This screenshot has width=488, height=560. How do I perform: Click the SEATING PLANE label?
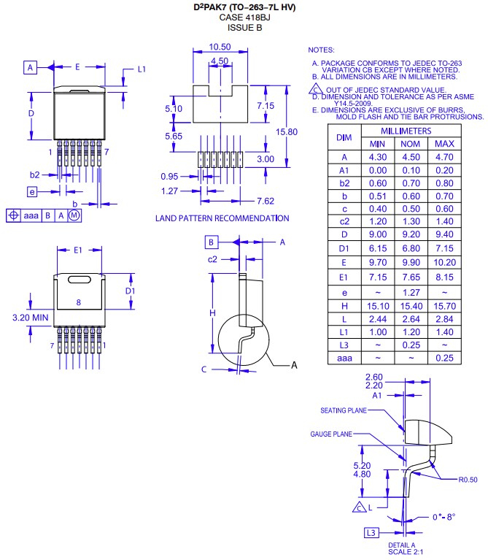coord(344,410)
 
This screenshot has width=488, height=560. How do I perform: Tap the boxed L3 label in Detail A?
coord(371,533)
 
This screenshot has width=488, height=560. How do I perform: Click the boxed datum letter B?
coord(210,242)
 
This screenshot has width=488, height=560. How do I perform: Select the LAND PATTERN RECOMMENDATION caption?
coord(222,218)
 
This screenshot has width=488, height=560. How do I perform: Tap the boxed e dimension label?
coord(31,191)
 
